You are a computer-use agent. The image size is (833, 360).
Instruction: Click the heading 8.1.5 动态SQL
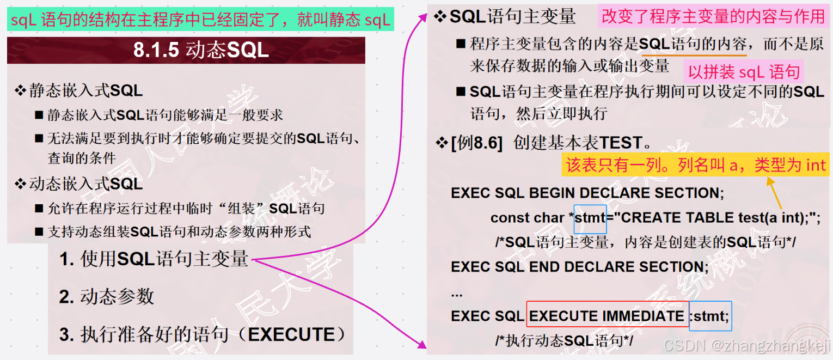tap(201, 50)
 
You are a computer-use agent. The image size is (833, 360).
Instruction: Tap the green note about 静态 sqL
tap(200, 20)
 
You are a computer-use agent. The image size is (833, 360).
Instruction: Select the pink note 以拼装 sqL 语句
tap(744, 72)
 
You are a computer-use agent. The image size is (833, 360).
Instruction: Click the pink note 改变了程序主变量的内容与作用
tap(713, 17)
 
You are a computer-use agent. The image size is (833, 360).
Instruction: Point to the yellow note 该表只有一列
tap(696, 165)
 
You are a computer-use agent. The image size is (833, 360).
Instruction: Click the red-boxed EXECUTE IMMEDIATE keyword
tap(607, 316)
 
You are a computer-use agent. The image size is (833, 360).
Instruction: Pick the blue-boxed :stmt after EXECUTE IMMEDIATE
tap(710, 316)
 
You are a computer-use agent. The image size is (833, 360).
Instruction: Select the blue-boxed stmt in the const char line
tap(590, 217)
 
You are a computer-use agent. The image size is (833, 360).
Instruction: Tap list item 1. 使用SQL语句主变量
tap(154, 259)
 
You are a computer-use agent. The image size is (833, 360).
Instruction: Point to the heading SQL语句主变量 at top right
tap(512, 17)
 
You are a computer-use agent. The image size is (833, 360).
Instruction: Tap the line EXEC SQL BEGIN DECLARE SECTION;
tap(587, 193)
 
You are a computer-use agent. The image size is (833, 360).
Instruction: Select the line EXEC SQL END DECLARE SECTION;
tap(580, 266)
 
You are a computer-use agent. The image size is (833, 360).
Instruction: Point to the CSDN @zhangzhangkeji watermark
tap(748, 345)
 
